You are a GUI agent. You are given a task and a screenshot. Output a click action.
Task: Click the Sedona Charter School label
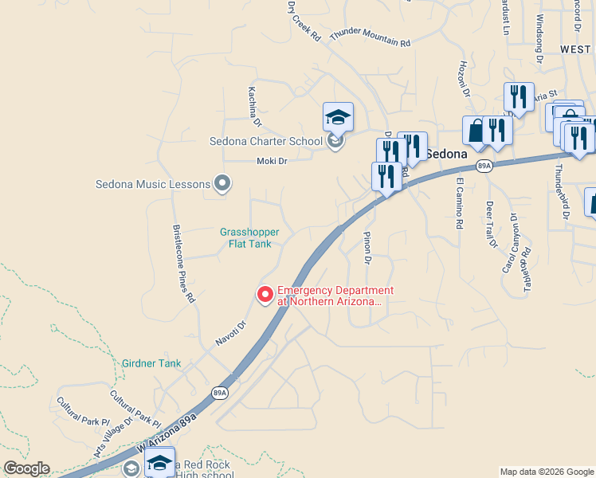(x=266, y=142)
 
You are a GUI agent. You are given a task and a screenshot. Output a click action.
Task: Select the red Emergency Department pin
(x=265, y=295)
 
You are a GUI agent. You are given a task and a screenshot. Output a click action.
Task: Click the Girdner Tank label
(x=151, y=363)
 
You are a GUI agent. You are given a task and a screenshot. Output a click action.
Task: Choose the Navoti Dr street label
(x=232, y=332)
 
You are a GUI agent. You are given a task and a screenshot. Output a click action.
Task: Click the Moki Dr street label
(x=271, y=161)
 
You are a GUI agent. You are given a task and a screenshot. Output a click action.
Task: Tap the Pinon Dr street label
(x=367, y=247)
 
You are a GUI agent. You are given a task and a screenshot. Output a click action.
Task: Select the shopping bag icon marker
(x=476, y=131)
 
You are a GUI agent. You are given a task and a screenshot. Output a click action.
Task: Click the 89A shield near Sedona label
(x=484, y=166)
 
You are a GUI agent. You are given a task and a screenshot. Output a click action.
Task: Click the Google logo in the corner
(x=26, y=468)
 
